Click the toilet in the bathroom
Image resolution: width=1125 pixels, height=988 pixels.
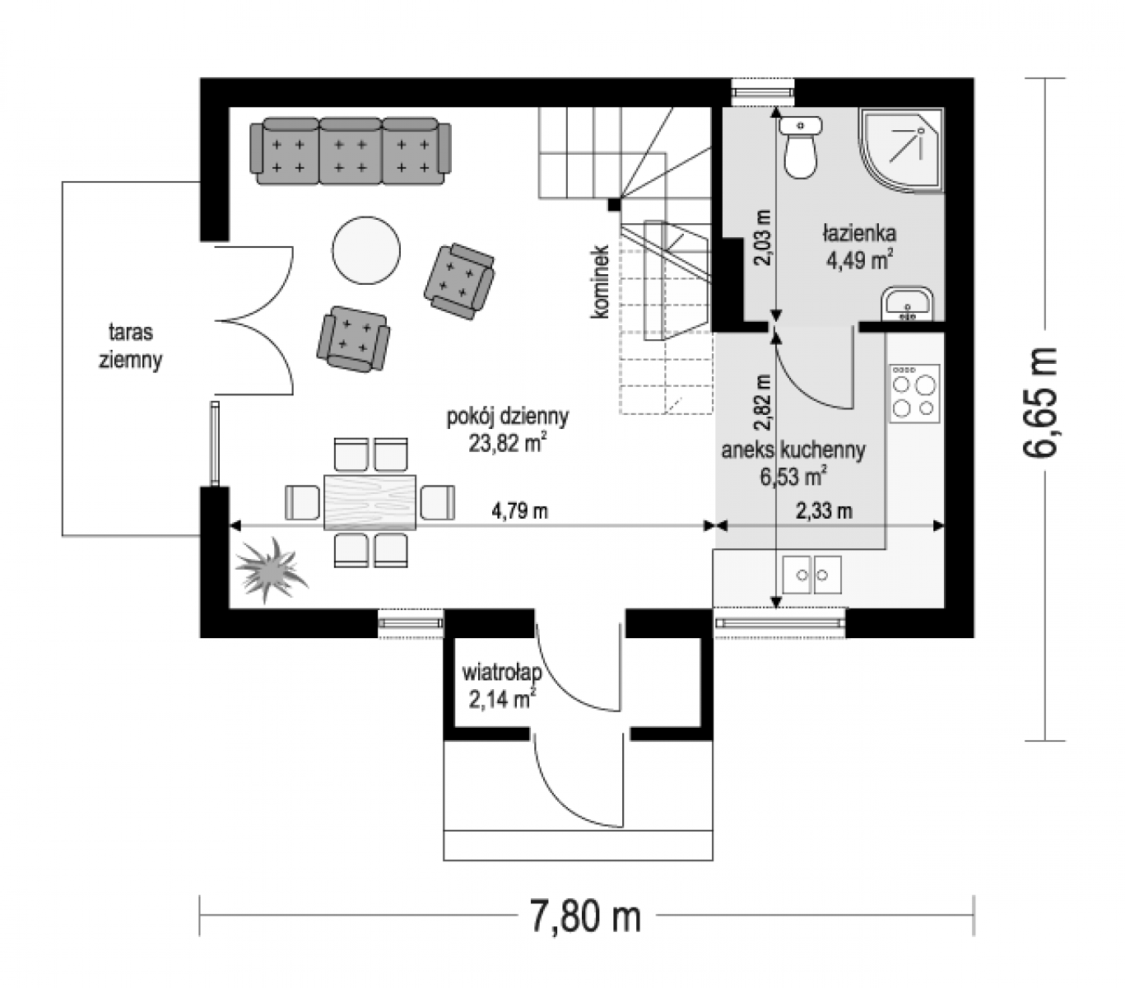[x=800, y=147]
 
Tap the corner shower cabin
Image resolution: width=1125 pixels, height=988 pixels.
[x=900, y=150]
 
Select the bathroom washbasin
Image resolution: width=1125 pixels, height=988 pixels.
[x=908, y=304]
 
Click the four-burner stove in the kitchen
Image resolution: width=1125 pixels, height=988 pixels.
[x=914, y=394]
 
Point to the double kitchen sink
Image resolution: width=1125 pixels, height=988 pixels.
[x=811, y=575]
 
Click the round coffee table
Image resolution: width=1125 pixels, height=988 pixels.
[x=366, y=250]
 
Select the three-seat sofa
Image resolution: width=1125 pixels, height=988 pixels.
[x=351, y=151]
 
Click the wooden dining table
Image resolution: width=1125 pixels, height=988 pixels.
[x=370, y=501]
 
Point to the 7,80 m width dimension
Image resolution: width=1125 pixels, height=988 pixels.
[x=587, y=917]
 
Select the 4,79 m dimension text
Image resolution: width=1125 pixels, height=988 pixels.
[x=520, y=510]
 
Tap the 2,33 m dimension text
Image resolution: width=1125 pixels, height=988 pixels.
[x=824, y=510]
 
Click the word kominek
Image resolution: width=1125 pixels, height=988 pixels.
[x=600, y=282]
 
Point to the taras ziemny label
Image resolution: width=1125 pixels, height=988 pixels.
[x=131, y=346]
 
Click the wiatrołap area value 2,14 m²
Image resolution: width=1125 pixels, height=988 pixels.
[x=503, y=698]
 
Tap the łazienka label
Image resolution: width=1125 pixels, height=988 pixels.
[x=858, y=233]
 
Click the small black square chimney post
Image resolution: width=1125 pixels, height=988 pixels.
[x=614, y=204]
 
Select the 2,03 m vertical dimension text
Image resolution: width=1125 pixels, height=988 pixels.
[x=764, y=237]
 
